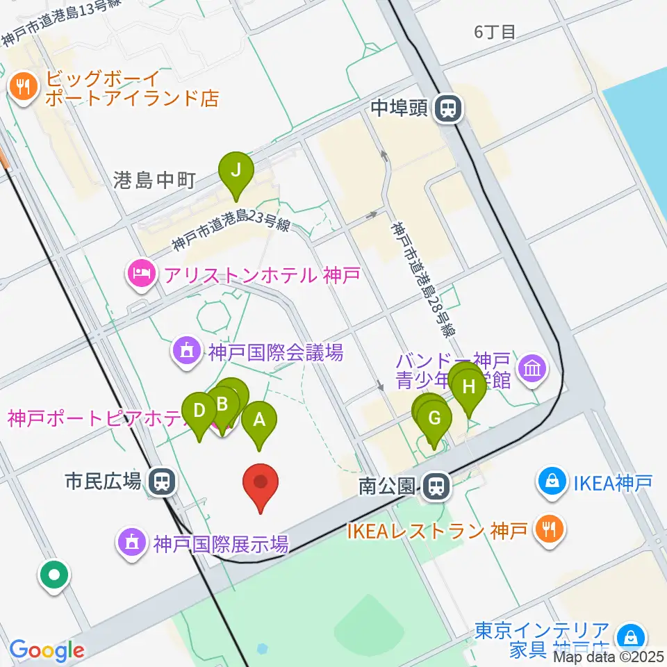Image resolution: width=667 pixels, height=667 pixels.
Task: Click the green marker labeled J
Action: click(x=236, y=170)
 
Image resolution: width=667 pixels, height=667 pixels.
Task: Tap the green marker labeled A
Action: click(x=260, y=420)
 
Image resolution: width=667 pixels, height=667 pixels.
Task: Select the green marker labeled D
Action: click(x=199, y=410)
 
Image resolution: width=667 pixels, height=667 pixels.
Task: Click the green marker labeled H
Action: click(x=469, y=386)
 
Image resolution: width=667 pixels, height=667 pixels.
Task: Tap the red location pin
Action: click(x=261, y=482)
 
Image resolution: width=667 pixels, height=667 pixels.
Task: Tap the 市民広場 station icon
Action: click(x=164, y=481)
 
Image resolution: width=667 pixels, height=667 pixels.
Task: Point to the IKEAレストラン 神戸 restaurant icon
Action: click(x=549, y=531)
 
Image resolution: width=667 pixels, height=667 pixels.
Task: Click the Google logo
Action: click(x=47, y=650)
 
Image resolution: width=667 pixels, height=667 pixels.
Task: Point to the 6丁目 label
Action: click(x=495, y=32)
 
